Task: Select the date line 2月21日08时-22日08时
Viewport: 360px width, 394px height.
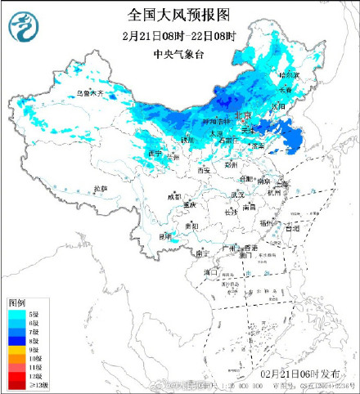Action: click(179, 37)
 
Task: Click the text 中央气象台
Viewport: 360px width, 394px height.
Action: click(179, 55)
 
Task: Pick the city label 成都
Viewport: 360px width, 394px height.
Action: click(174, 196)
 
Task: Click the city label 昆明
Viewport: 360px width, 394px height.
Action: click(166, 235)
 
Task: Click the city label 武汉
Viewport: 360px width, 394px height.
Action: click(237, 195)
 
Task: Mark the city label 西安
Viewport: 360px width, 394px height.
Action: click(204, 170)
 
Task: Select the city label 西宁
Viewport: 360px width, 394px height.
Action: click(156, 153)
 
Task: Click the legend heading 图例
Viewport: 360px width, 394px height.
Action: click(18, 303)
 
